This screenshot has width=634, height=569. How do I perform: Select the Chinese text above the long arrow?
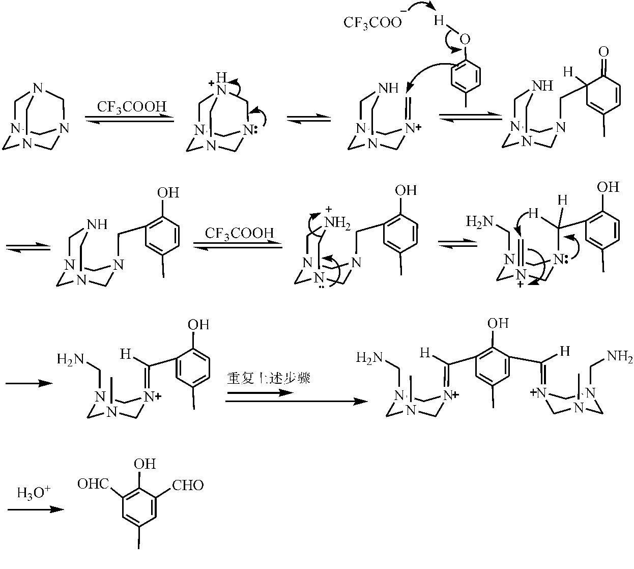click(269, 378)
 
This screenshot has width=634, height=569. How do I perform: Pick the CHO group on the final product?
click(188, 485)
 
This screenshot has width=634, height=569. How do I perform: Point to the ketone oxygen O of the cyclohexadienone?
click(604, 51)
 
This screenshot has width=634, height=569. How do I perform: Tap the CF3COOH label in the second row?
click(239, 234)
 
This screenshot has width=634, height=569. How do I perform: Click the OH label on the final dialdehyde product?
click(145, 464)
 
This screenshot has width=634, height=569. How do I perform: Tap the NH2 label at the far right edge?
click(621, 356)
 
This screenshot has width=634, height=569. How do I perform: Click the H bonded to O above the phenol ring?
click(439, 21)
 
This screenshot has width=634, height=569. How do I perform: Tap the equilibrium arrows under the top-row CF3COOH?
click(129, 118)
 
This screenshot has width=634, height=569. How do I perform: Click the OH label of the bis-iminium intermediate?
click(498, 323)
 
